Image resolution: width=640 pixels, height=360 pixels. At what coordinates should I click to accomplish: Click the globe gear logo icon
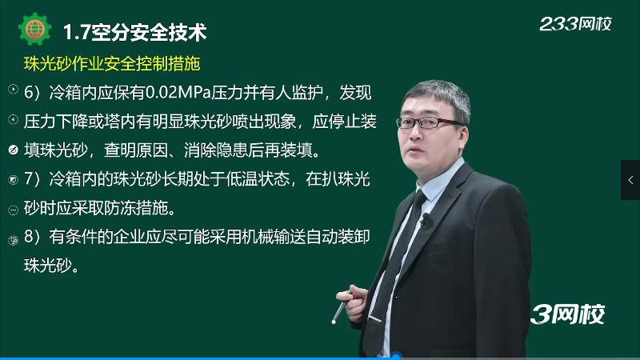[34, 30]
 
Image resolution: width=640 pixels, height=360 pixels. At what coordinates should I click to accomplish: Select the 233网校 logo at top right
[575, 24]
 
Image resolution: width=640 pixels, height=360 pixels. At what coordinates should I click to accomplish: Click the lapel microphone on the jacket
[426, 218]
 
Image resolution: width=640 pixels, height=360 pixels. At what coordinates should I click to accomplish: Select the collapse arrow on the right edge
[630, 180]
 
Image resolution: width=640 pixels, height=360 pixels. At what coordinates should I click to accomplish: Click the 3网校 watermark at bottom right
[567, 314]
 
